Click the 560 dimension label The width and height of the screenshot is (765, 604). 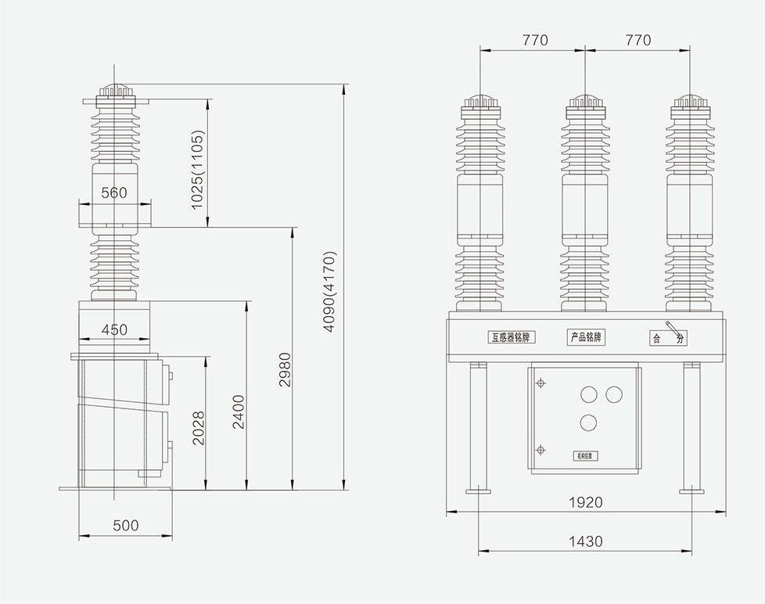tap(114, 192)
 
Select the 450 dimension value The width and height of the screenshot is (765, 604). tap(114, 330)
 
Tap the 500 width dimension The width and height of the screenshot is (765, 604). tap(125, 526)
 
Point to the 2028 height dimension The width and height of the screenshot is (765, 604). tap(199, 428)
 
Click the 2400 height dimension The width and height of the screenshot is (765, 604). tap(239, 412)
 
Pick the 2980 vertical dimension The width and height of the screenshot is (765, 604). tap(285, 371)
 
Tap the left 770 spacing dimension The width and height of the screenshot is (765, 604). tap(535, 40)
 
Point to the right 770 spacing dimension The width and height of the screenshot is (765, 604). tap(637, 40)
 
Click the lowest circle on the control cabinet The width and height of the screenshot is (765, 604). tap(588, 422)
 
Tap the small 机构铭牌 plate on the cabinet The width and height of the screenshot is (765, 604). tap(586, 455)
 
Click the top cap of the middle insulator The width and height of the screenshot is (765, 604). tap(586, 102)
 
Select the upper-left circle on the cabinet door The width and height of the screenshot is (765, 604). tap(588, 393)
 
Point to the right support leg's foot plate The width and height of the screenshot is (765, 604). tap(691, 491)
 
